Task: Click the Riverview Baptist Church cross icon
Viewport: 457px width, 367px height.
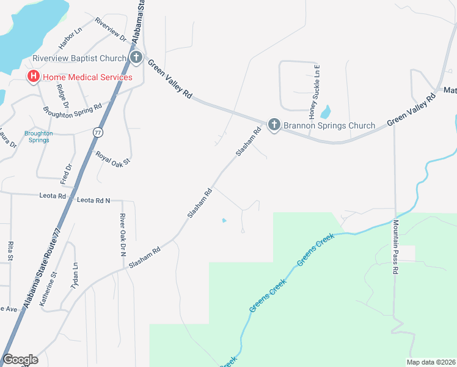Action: pos(136,58)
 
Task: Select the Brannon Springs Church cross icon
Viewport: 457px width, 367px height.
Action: pos(274,125)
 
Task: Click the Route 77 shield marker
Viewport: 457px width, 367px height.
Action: pos(98,132)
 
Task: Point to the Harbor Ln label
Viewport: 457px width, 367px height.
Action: pos(70,38)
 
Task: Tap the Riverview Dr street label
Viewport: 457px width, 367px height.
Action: pos(111,29)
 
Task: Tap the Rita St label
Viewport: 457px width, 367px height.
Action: pos(10,251)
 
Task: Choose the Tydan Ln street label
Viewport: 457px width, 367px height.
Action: pos(75,276)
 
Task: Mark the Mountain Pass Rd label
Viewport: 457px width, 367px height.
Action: pos(396,242)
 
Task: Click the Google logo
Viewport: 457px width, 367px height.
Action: pos(20,360)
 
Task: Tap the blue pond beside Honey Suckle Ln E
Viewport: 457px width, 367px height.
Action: pos(326,112)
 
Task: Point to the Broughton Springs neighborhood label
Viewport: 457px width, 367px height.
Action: pos(38,136)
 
